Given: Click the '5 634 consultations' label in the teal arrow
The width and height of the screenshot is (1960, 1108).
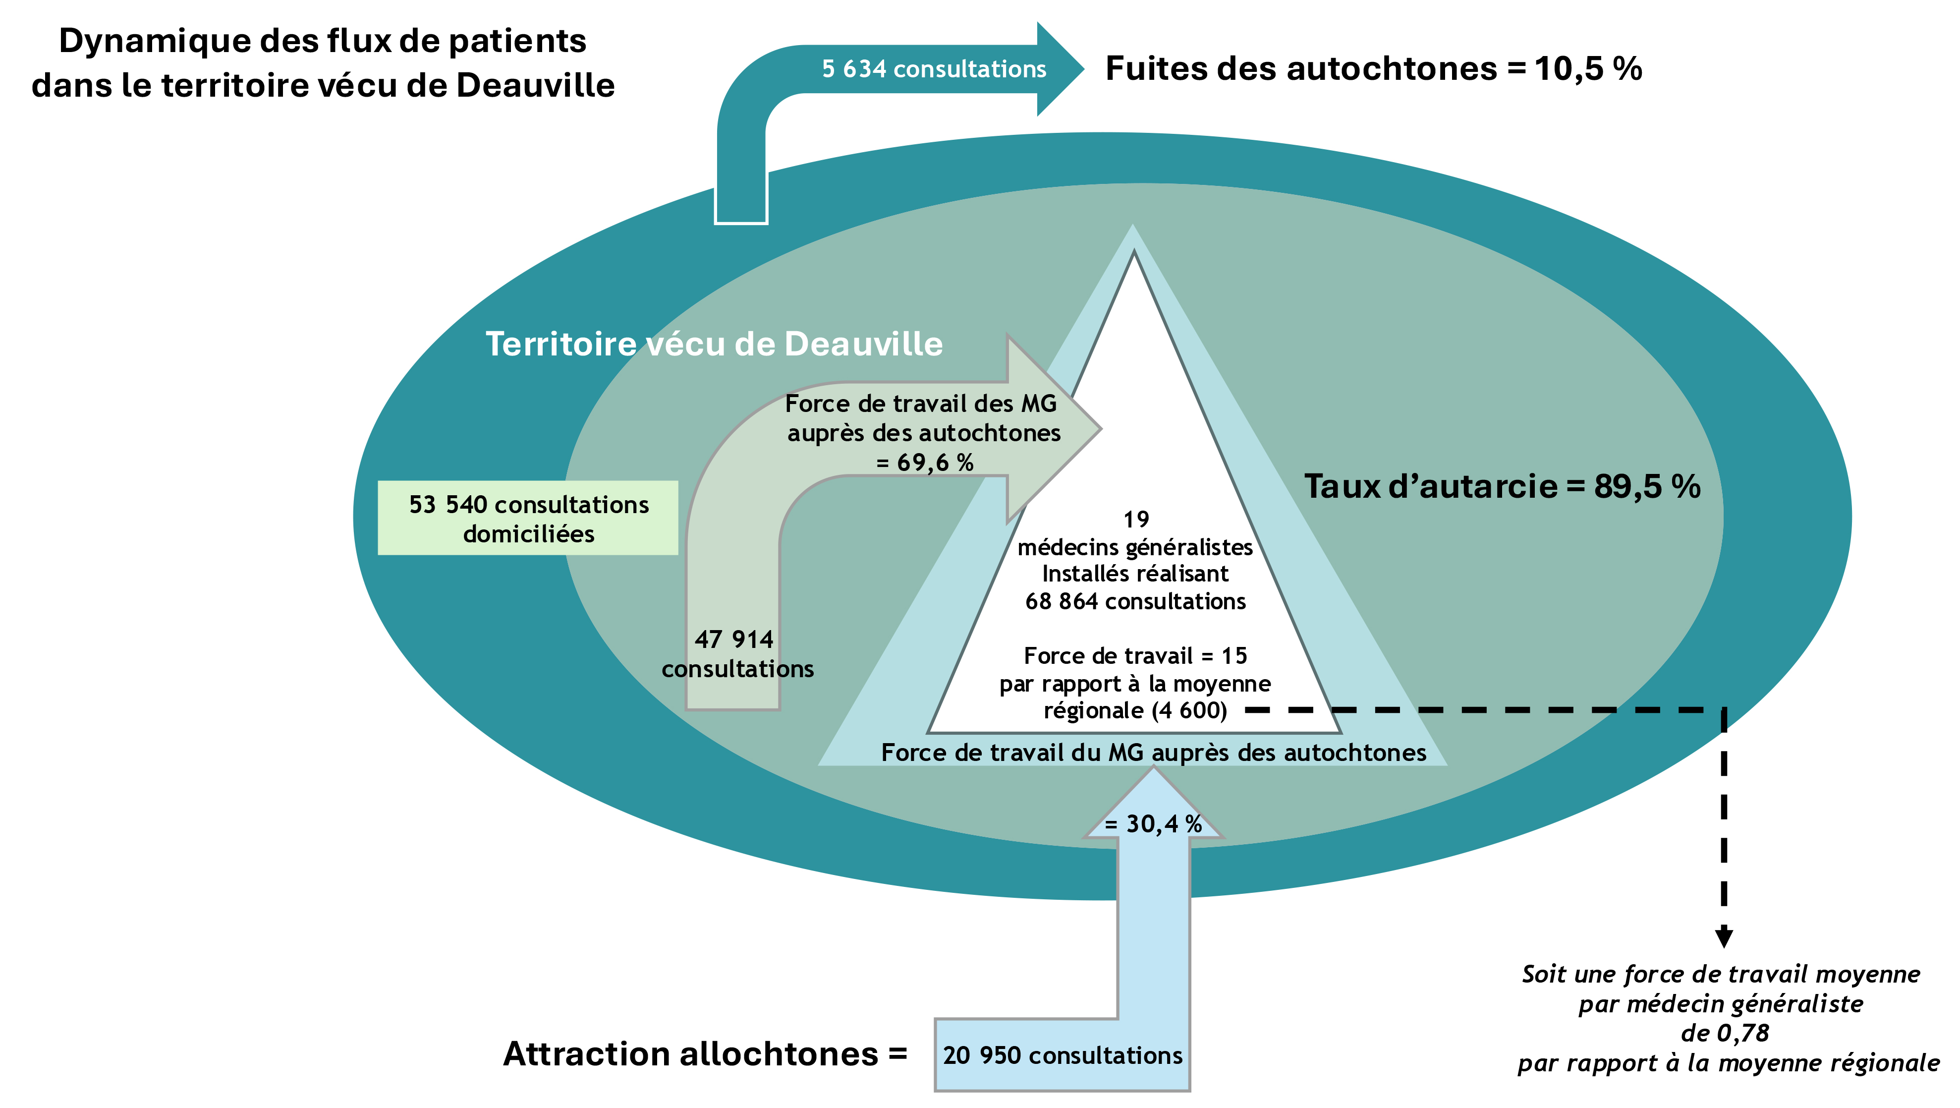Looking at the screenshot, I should (x=934, y=69).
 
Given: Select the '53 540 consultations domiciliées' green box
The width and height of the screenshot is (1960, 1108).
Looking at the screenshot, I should (x=528, y=518).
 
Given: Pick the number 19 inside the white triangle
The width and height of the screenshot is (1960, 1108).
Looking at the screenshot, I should (x=1135, y=520).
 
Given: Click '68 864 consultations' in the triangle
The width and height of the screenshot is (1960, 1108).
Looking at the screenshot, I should (x=1135, y=602).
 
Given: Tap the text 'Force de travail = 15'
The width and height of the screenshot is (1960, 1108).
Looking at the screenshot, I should (x=1135, y=656).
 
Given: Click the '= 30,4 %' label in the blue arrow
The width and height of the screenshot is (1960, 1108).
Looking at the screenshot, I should (x=1154, y=824).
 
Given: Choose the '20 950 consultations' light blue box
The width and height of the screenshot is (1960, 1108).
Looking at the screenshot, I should (x=1062, y=1055).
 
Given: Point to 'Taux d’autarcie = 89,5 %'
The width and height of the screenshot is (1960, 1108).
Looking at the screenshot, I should (x=1502, y=487).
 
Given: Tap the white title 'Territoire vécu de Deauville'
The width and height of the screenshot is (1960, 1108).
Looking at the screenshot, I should (x=714, y=344).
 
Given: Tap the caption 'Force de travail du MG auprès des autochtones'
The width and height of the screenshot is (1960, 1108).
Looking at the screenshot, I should (x=1154, y=753).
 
